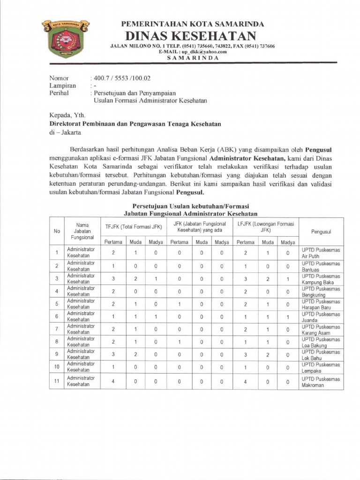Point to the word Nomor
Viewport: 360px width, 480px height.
tap(60, 78)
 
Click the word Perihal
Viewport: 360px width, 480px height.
tap(60, 93)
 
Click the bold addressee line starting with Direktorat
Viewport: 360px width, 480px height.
tap(135, 124)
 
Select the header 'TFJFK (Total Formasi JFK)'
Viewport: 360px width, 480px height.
tap(134, 227)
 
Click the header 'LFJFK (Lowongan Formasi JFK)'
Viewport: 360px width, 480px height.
tap(266, 227)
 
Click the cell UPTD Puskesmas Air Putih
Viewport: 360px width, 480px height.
tap(321, 253)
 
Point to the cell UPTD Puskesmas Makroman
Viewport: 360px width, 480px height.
tap(321, 382)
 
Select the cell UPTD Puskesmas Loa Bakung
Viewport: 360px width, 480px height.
tap(321, 342)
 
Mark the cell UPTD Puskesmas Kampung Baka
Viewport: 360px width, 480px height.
tap(321, 279)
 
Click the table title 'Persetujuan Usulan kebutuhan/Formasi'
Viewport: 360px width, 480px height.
tap(191, 206)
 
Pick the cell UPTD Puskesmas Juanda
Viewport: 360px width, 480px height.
tap(321, 317)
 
